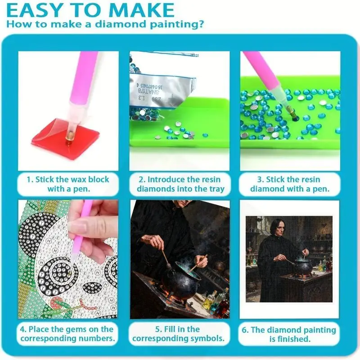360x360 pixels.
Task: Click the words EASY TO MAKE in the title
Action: (90, 10)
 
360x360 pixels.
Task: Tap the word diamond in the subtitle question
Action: (130, 24)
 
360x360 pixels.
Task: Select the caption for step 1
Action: (68, 184)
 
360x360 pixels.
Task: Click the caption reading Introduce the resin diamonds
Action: (180, 184)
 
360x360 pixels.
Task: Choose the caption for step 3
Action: (290, 184)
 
